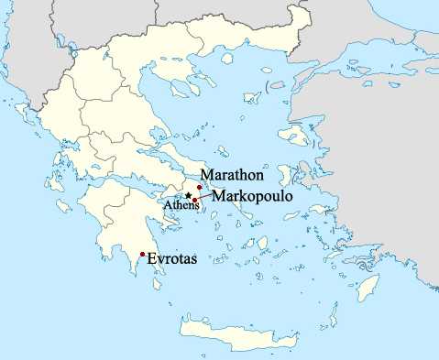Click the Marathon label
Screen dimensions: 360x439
pyautogui.click(x=234, y=175)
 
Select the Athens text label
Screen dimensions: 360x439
pyautogui.click(x=181, y=206)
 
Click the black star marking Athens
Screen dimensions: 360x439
pyautogui.click(x=188, y=196)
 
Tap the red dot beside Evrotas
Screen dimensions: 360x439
pyautogui.click(x=142, y=254)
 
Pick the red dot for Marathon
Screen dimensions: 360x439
pyautogui.click(x=200, y=186)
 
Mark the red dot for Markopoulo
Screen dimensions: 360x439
pyautogui.click(x=195, y=200)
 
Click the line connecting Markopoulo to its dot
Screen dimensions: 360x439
pyautogui.click(x=204, y=197)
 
